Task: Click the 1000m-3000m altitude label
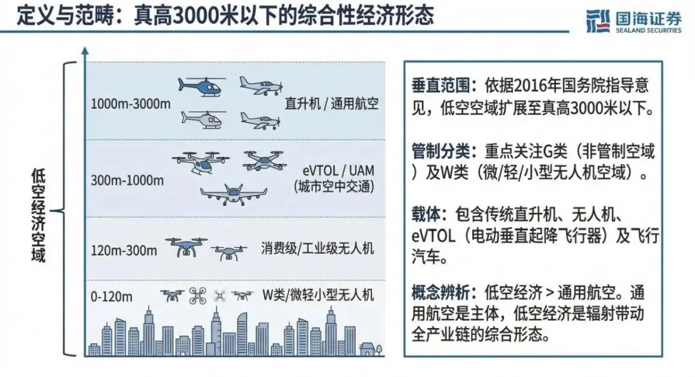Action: coord(131,103)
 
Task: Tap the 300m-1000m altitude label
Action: coord(127,180)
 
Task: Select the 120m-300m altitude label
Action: coord(124,250)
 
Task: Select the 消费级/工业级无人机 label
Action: coord(317,248)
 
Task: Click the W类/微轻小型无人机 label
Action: coord(318,295)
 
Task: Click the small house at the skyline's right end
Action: coord(369,348)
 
